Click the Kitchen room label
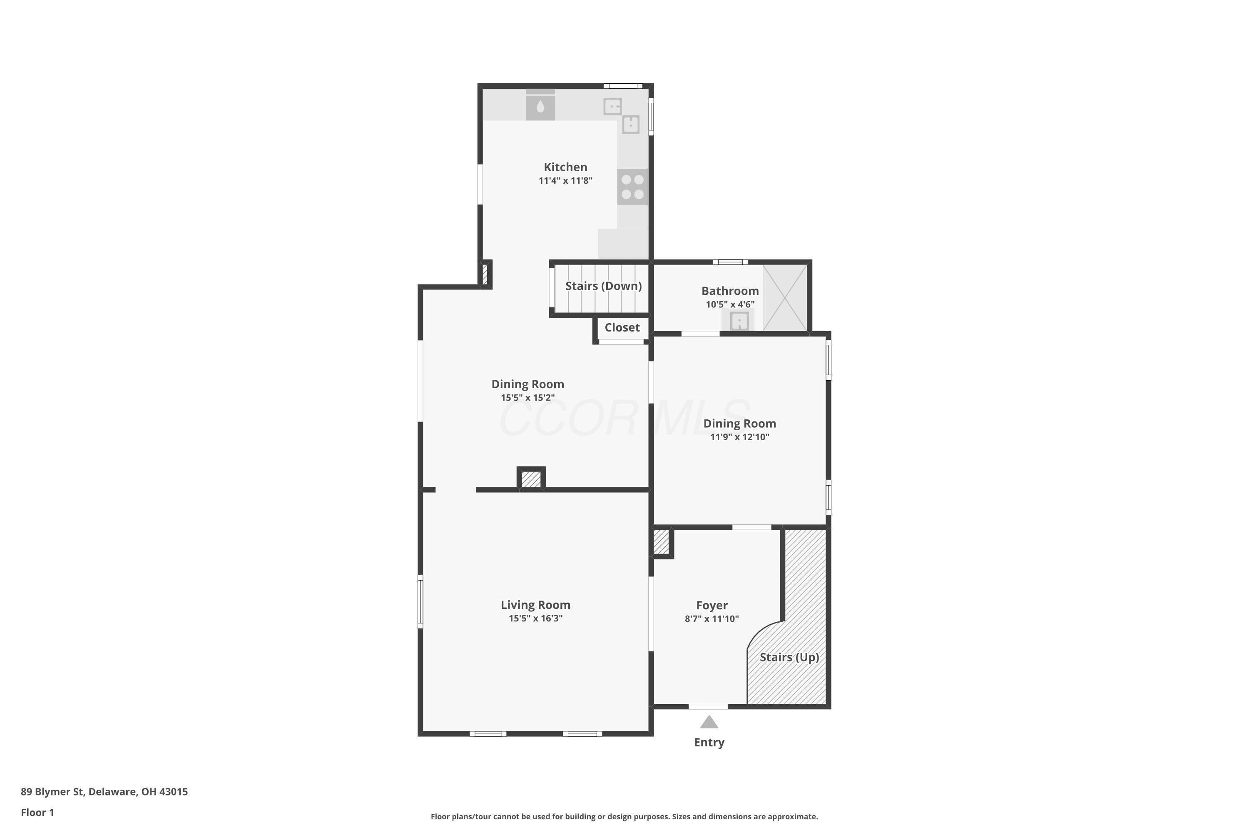[565, 167]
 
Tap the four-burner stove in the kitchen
[632, 187]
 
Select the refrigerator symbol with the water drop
[540, 105]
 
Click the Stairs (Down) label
[603, 286]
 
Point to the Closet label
[622, 327]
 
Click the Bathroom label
[730, 291]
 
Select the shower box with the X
[785, 297]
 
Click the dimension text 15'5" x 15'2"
[527, 397]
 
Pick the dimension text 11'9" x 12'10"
[739, 436]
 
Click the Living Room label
[535, 605]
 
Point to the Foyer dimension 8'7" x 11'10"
[712, 619]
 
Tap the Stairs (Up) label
[789, 657]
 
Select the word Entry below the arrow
[709, 743]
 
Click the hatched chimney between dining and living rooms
[531, 479]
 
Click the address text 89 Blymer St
[52, 792]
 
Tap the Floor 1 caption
[37, 812]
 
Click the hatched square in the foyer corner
[661, 542]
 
